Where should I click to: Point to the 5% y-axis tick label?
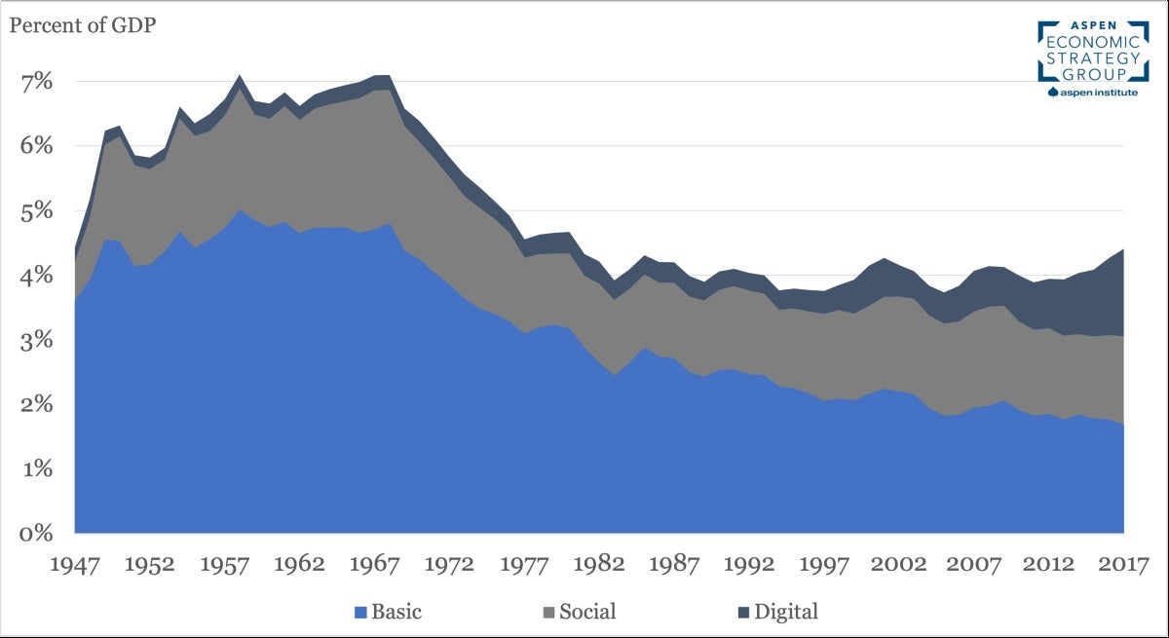37,210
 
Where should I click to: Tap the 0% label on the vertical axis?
37,533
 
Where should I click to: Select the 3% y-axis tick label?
37,340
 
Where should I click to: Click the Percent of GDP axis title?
83,24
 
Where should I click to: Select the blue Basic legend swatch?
359,613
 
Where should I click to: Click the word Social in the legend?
587,613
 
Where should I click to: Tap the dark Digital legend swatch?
745,613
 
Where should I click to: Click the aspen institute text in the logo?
1098,93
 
